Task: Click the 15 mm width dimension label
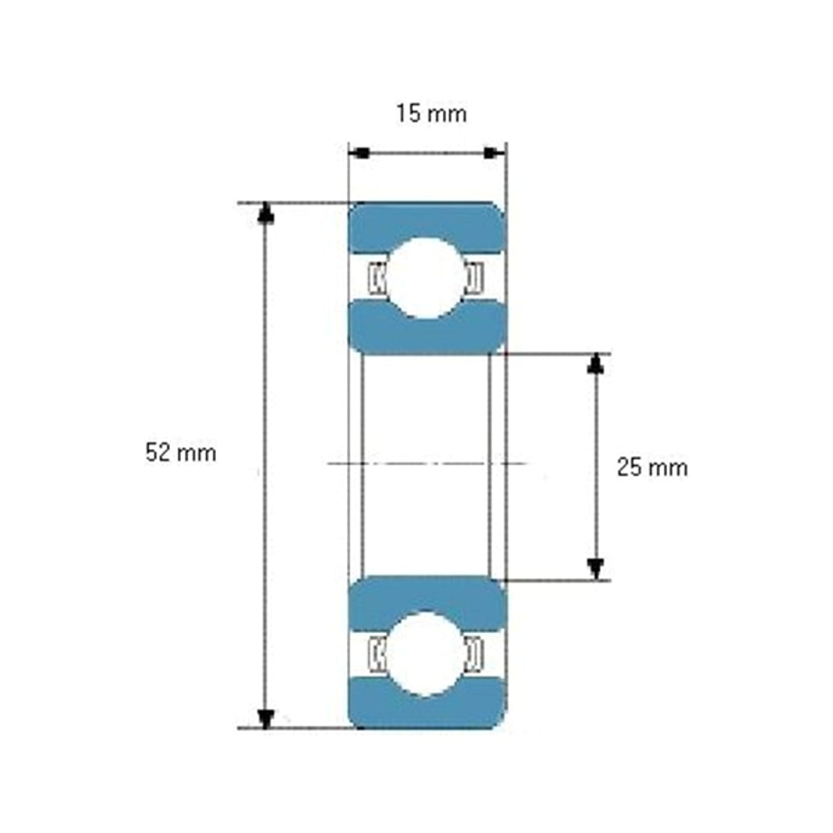(431, 114)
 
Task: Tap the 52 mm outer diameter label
(180, 453)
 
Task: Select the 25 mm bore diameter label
(652, 468)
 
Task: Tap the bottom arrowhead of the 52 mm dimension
(266, 718)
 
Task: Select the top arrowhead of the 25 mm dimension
(596, 363)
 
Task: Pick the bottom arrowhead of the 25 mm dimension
(596, 569)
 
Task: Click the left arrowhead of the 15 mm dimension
(359, 153)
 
